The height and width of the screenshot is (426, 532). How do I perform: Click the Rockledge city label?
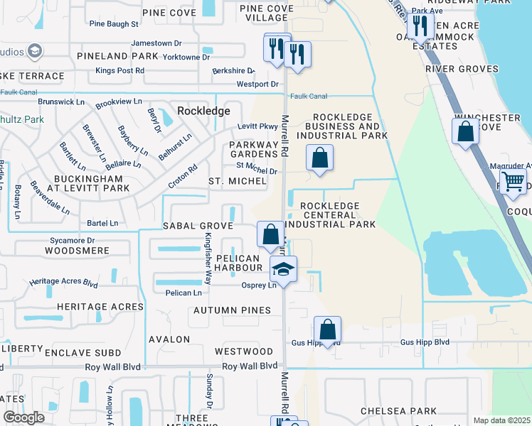[x=203, y=111]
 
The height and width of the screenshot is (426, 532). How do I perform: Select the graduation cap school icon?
[x=283, y=269]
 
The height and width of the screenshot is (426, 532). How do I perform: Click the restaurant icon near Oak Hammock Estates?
[x=420, y=26]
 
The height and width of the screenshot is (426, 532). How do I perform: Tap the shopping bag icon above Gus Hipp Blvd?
[x=327, y=329]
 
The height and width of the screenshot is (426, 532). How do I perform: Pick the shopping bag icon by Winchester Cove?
[x=465, y=131]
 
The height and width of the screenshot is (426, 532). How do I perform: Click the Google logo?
[x=23, y=417]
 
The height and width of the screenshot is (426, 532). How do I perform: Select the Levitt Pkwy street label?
[x=257, y=127]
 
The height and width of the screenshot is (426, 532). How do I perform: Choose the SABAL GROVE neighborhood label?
[x=198, y=226]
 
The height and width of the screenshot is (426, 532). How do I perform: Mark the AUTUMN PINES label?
[x=232, y=310]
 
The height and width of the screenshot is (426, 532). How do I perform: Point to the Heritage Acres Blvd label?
[x=63, y=282]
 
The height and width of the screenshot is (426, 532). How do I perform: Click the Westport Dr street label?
[x=257, y=84]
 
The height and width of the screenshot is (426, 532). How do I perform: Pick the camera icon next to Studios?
[x=33, y=51]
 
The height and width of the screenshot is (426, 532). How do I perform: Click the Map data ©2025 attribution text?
[x=501, y=420]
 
